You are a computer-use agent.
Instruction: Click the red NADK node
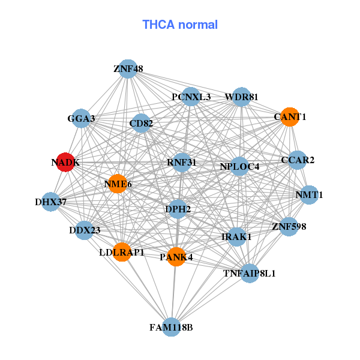click(x=65, y=162)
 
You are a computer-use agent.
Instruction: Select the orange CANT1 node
click(x=289, y=117)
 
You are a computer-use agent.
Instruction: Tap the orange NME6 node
click(x=118, y=184)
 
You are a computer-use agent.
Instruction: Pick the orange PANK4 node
click(x=176, y=257)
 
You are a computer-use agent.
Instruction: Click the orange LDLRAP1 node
click(x=122, y=252)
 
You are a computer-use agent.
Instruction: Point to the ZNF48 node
click(x=127, y=69)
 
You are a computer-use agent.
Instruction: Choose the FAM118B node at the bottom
click(x=172, y=327)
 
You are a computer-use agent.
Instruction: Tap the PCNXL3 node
click(x=191, y=97)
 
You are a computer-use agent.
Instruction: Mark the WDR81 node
click(x=241, y=97)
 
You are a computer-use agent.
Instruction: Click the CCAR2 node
click(x=298, y=160)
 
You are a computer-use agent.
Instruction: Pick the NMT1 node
click(x=309, y=195)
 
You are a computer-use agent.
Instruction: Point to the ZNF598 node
click(x=289, y=226)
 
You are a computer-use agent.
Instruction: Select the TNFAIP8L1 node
click(x=249, y=273)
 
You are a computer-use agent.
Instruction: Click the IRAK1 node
click(x=236, y=237)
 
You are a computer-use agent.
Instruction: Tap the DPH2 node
click(x=178, y=209)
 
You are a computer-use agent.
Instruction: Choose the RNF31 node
click(x=181, y=162)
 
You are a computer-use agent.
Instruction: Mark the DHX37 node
click(x=51, y=202)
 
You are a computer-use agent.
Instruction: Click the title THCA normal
click(x=180, y=25)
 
